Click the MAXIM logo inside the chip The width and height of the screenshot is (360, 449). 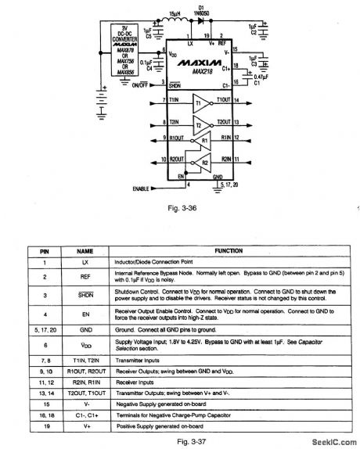192,60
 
